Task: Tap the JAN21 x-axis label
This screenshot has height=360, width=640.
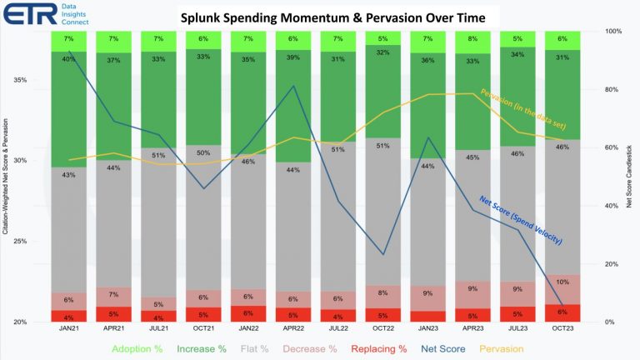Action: point(69,328)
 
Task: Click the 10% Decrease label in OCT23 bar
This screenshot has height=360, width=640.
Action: point(562,281)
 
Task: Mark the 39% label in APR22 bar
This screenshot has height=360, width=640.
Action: point(292,57)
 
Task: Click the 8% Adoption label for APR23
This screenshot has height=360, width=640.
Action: point(472,38)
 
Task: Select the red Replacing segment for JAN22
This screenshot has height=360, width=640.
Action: point(248,313)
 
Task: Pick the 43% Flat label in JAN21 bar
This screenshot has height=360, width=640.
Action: point(69,175)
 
